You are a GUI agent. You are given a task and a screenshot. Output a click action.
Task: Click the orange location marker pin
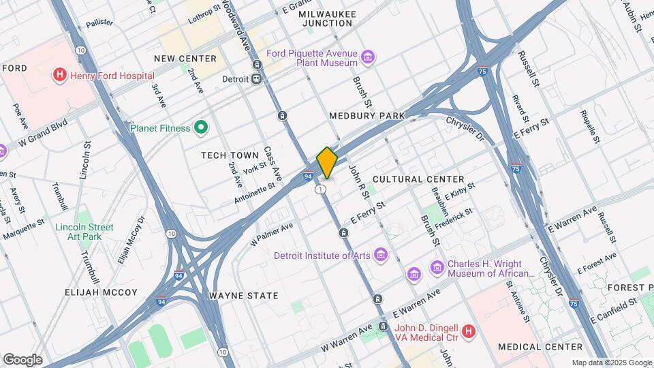[x=328, y=162]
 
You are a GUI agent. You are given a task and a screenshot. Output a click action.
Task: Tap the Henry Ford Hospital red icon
[x=60, y=75]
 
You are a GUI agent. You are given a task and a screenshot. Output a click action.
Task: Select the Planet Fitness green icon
[x=201, y=127]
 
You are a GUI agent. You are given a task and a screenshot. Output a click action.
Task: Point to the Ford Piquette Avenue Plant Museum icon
[x=368, y=57]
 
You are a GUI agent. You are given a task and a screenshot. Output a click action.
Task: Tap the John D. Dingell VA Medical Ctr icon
[x=468, y=331]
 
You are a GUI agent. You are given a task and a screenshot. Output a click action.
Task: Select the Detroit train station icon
[x=257, y=78]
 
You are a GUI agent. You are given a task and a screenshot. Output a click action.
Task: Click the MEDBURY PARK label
[x=367, y=116]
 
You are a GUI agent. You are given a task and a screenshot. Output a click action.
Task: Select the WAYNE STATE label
[x=243, y=296]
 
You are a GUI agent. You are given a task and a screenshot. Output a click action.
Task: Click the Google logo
[x=22, y=359]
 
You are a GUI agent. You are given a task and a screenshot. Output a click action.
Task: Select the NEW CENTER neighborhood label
[x=185, y=59]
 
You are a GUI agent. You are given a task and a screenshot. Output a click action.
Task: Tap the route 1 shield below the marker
[x=320, y=189]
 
